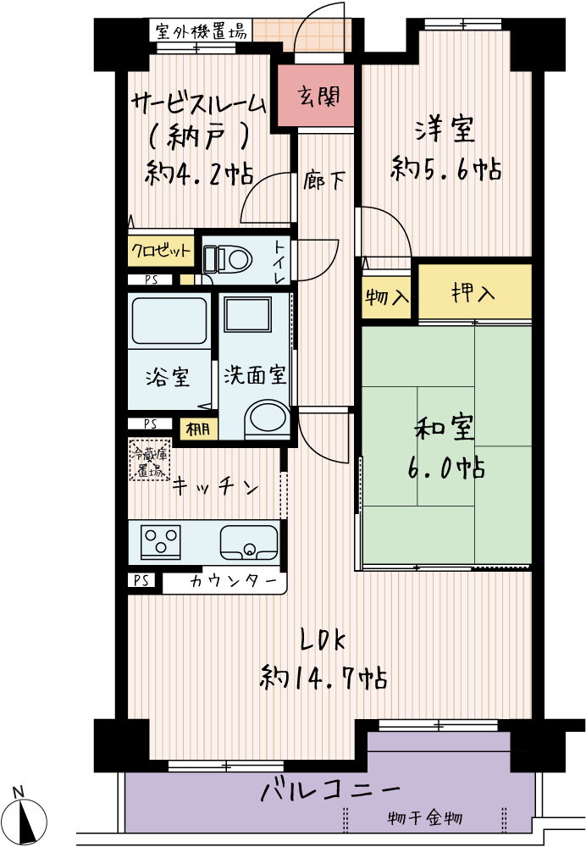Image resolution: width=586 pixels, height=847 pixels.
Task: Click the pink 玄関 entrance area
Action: (x=316, y=96)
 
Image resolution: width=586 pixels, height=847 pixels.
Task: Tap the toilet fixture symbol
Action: (x=228, y=260)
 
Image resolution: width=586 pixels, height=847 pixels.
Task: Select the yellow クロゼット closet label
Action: (x=161, y=252)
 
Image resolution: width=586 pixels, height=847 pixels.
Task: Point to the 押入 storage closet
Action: (x=475, y=292)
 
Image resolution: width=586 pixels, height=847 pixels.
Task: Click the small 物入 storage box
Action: (x=387, y=296)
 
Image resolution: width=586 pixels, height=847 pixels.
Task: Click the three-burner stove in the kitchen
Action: (x=160, y=542)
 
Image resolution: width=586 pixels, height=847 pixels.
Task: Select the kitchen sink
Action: (x=250, y=543)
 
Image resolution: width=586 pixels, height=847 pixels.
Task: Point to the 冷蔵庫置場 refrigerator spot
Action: (x=150, y=461)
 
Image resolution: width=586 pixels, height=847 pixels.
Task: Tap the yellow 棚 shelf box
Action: (x=198, y=429)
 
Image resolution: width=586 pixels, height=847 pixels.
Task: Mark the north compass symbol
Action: (x=27, y=819)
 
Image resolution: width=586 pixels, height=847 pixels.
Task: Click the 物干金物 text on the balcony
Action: (x=425, y=818)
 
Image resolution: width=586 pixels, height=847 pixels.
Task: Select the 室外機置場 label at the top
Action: (x=201, y=30)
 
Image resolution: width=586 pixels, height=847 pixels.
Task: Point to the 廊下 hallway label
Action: (x=323, y=180)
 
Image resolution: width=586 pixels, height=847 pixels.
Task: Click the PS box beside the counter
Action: (x=141, y=581)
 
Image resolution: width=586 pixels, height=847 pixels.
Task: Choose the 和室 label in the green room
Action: (x=444, y=428)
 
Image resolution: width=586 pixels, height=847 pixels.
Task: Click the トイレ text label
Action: (x=279, y=263)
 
